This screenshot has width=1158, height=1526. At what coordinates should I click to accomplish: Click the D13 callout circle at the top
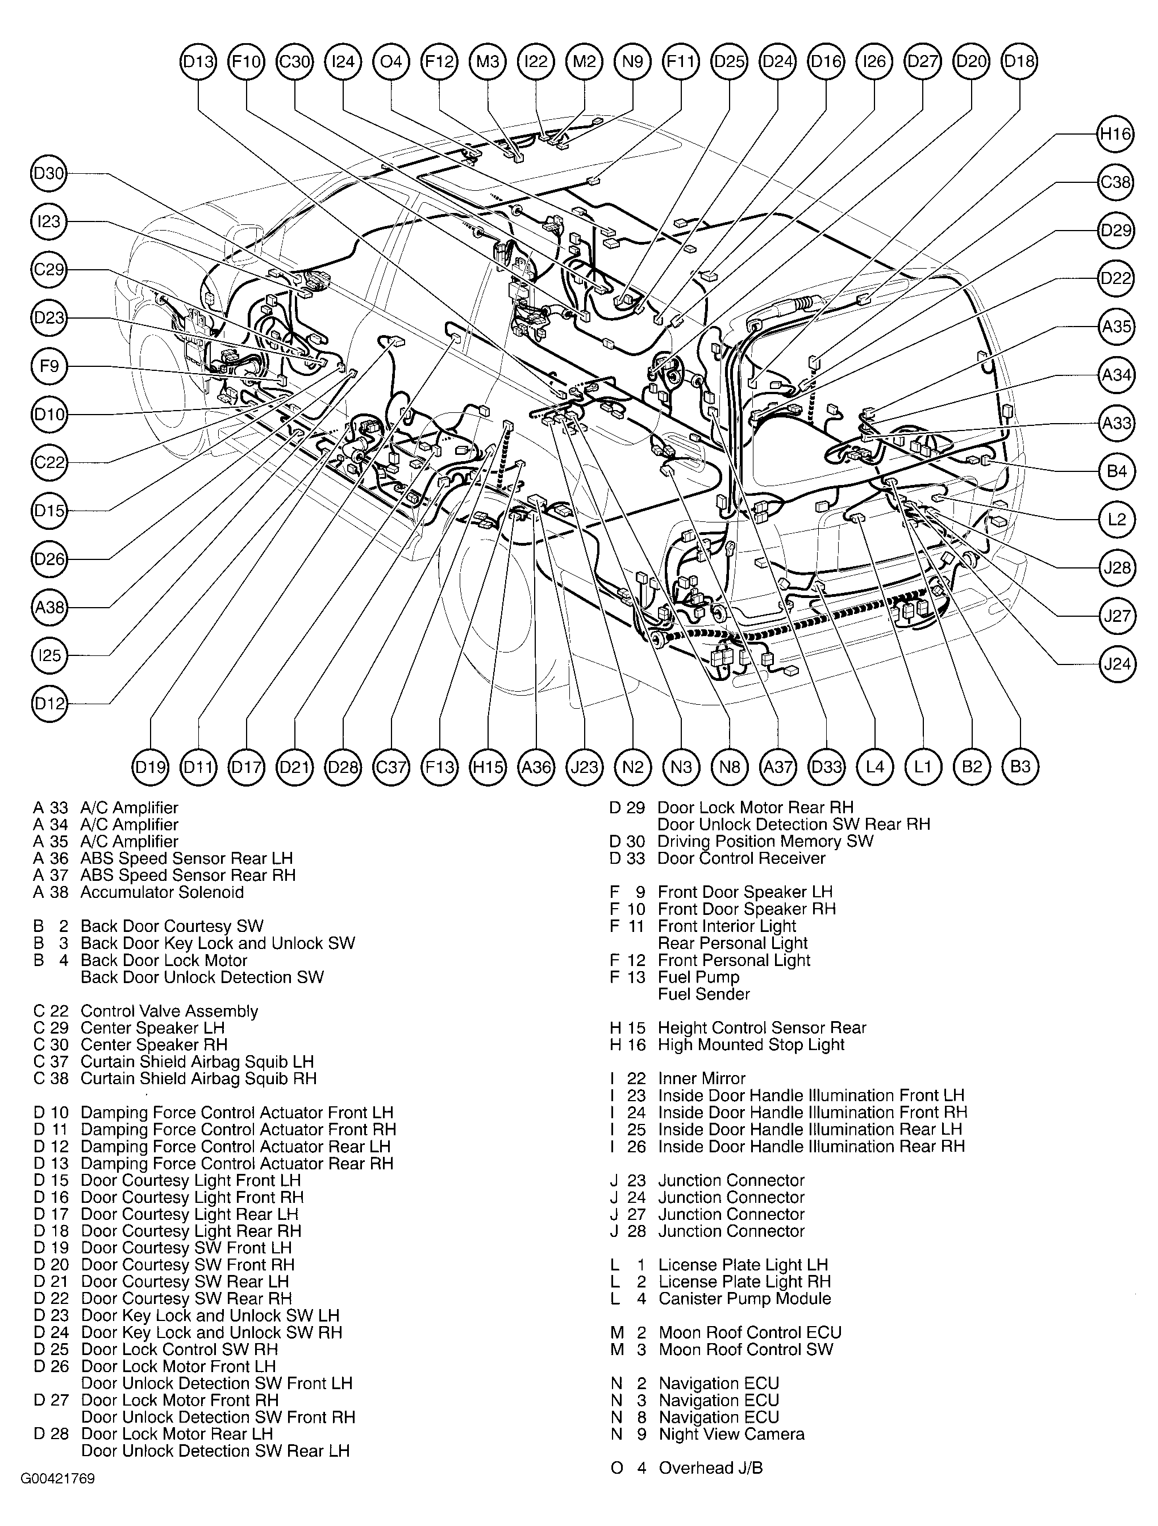(198, 62)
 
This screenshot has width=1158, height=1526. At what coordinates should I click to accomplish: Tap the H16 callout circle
(1116, 134)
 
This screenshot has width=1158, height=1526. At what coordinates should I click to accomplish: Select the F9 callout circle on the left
(49, 366)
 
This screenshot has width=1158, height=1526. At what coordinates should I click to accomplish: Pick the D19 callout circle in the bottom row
(150, 767)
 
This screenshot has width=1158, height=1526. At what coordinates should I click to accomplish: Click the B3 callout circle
(1020, 767)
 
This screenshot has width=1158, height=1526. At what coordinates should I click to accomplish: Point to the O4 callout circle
(391, 62)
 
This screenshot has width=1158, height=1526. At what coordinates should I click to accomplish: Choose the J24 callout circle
(1116, 664)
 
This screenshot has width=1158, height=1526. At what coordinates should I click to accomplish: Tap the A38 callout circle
(49, 607)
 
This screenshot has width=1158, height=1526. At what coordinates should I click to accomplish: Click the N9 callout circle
(632, 62)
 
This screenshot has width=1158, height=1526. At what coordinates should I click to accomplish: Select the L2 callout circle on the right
(1116, 519)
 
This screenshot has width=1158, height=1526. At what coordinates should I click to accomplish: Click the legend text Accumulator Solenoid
(161, 892)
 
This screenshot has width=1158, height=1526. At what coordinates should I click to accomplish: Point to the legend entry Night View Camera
(731, 1434)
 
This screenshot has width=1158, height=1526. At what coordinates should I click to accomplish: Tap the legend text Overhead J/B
(710, 1468)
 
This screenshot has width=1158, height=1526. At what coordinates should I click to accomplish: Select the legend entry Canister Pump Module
(744, 1298)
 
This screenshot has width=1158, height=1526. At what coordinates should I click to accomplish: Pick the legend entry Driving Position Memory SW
(765, 841)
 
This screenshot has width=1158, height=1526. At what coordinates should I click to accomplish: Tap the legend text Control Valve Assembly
(169, 1011)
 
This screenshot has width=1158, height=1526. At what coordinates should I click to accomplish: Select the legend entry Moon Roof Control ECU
(749, 1332)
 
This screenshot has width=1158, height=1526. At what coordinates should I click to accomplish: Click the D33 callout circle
(826, 767)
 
